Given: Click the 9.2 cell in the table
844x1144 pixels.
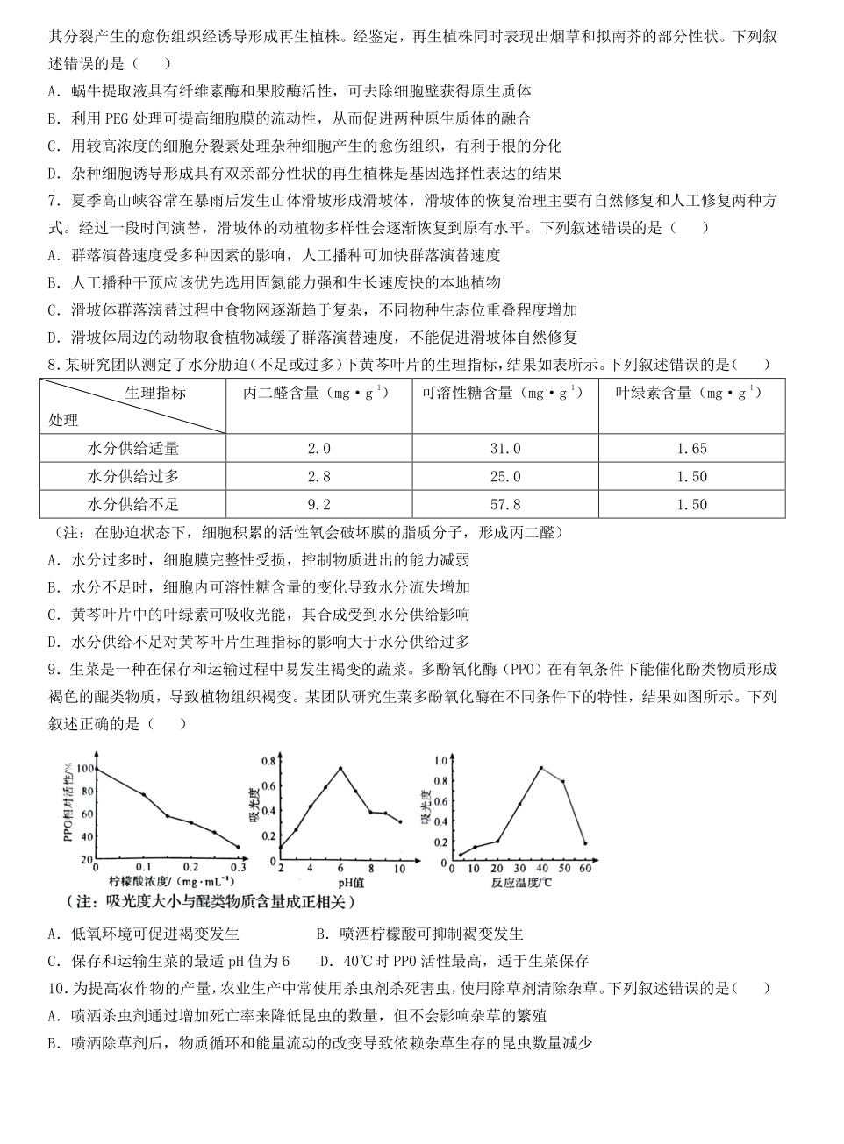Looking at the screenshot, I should point(319,505).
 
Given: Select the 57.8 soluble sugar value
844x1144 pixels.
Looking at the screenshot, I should point(504,505).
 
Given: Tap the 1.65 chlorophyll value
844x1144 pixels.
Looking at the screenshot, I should point(691,449).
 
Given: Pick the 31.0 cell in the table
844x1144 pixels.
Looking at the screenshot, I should point(504,449).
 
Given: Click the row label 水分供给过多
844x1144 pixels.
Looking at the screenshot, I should point(133,477).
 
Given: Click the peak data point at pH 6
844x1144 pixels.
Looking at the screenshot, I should point(340,769).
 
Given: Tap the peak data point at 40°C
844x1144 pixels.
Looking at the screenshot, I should point(540,768).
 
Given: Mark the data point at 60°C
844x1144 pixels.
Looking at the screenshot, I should point(585,843).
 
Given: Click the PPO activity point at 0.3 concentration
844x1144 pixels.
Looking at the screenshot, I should point(238,847).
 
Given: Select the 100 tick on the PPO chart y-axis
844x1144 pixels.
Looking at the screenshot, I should point(84,769).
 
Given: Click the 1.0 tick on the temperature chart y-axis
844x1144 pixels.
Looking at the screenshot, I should point(442,761).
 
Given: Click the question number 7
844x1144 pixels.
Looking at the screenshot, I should point(54,201).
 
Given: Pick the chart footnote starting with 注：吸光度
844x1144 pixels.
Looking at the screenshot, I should point(211,901).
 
